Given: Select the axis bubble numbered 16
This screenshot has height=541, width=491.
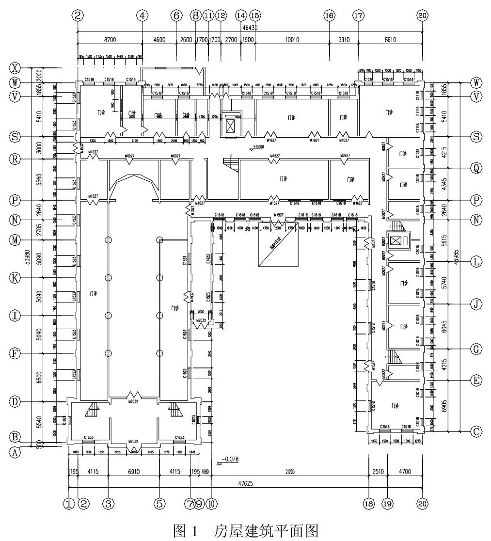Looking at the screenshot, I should click(329, 16).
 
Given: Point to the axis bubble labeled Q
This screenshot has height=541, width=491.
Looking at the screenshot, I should click(476, 168).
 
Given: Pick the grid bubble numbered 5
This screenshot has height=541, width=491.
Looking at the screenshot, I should click(159, 504).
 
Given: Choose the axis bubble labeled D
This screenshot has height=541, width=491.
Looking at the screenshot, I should click(16, 402).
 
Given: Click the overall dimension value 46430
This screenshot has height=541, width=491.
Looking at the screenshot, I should click(251, 28).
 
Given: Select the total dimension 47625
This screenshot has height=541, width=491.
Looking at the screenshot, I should click(248, 483).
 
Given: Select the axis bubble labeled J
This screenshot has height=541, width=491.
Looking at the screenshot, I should click(476, 304).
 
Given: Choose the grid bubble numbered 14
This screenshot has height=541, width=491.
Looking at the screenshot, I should click(241, 16).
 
